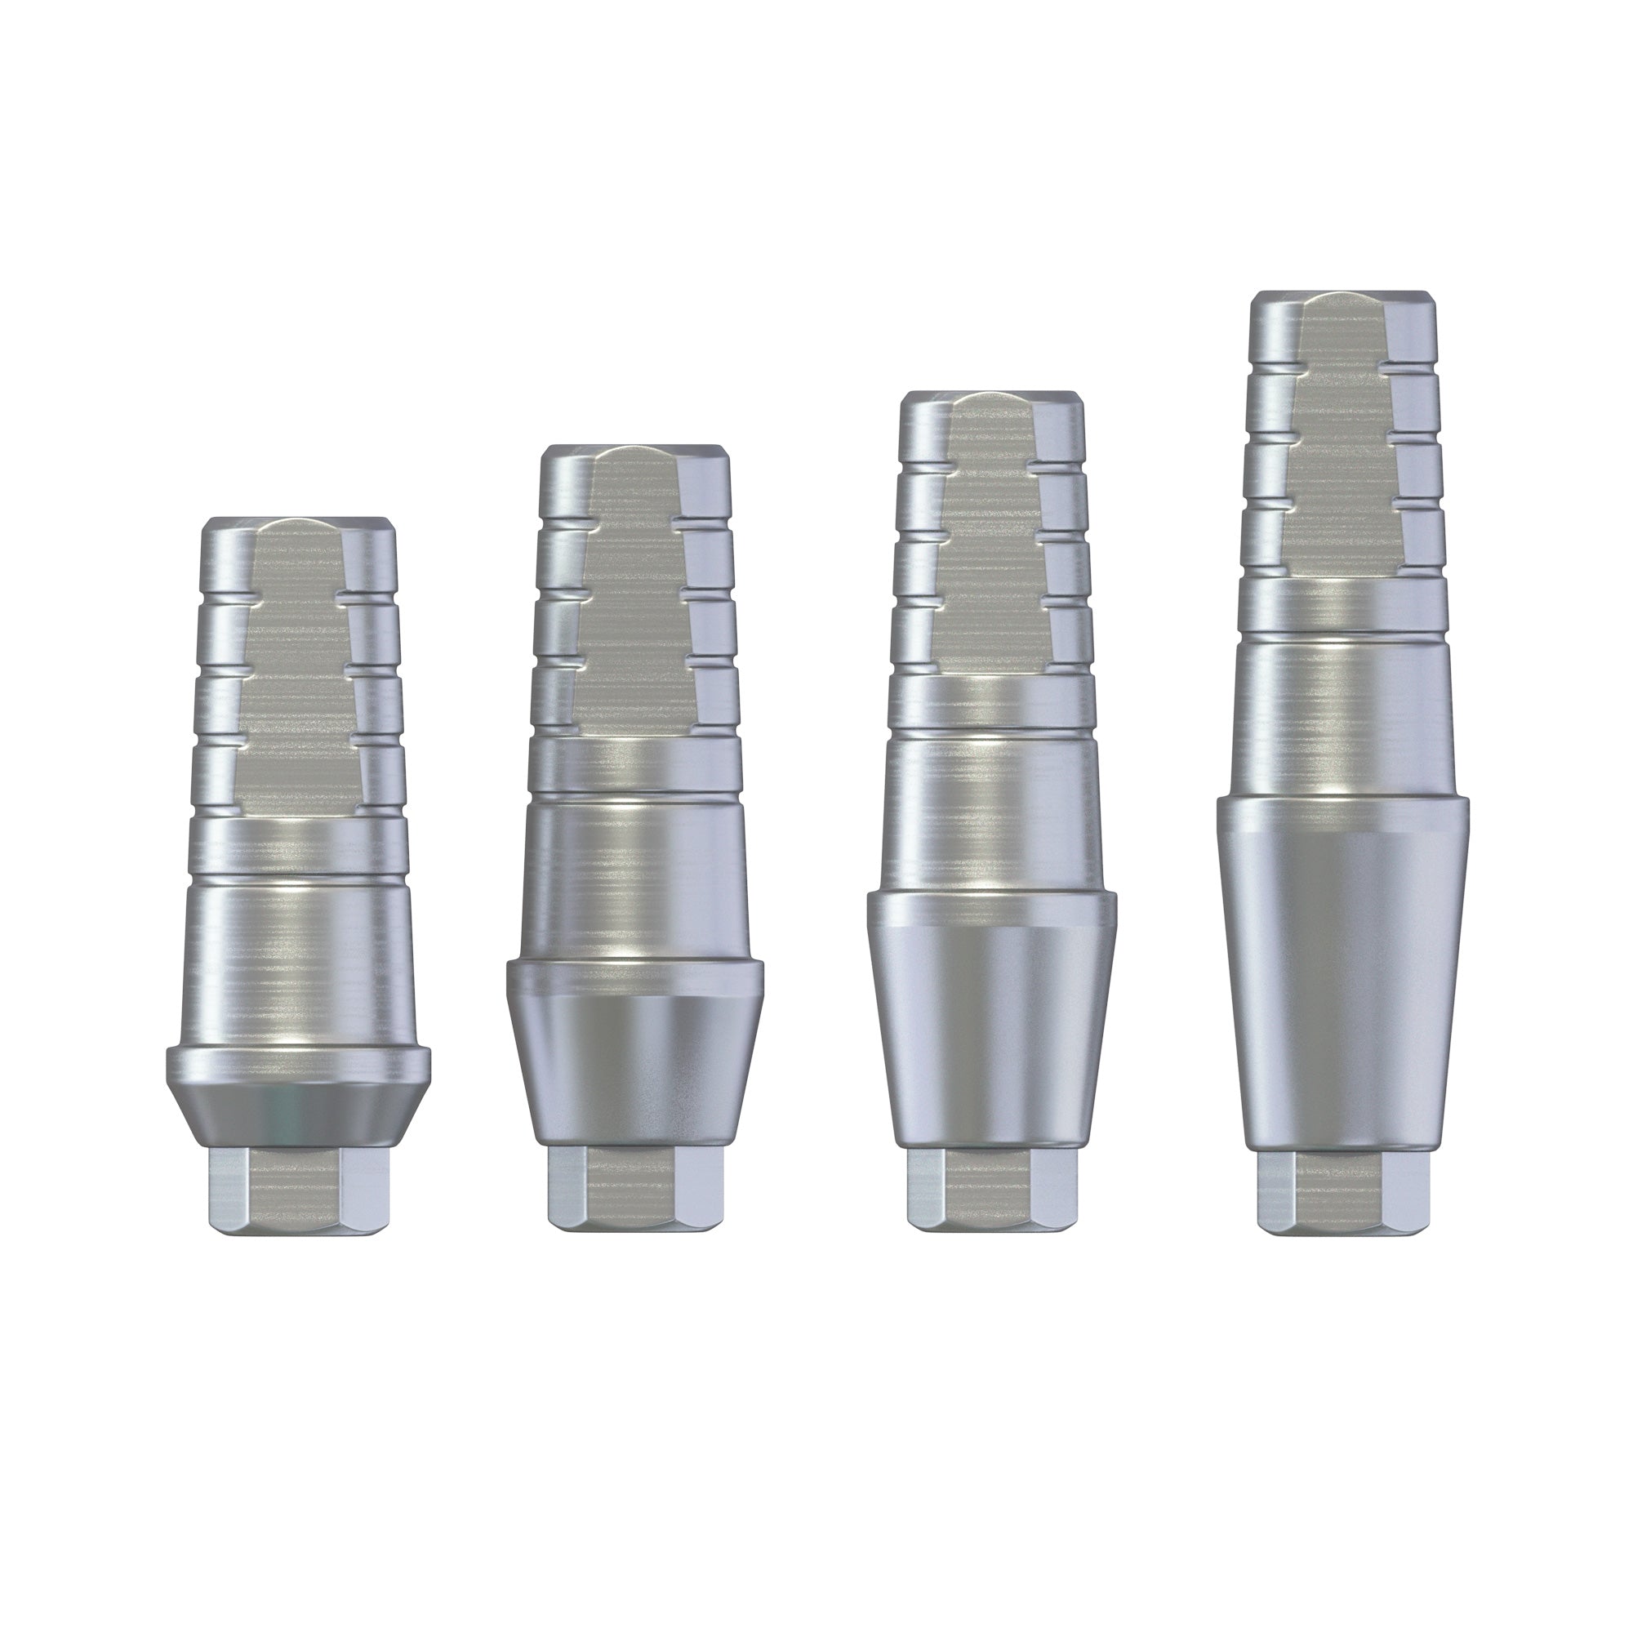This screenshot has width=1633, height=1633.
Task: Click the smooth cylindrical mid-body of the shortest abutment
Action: click(x=298, y=955)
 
